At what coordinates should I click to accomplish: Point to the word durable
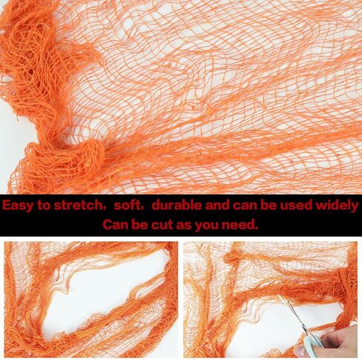[177, 205]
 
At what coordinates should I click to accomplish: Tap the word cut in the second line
[162, 225]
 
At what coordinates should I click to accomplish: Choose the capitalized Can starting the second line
[116, 225]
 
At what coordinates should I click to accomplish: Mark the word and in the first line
[217, 206]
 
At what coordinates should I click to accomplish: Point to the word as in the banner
[184, 226]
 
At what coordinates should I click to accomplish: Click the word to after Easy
[44, 206]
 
